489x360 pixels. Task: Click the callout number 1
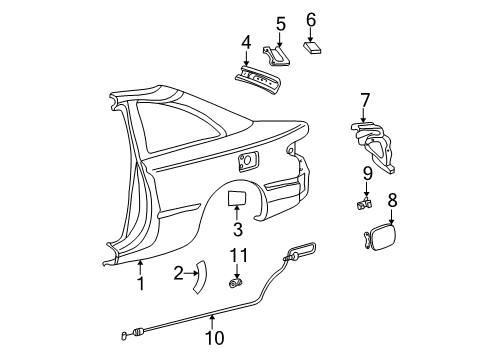141,283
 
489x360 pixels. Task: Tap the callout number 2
178,272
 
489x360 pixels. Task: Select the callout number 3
238,230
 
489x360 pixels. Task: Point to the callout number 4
246,42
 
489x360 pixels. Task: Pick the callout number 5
281,23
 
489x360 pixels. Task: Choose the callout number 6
311,19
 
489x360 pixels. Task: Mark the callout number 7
365,100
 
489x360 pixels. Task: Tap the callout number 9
366,173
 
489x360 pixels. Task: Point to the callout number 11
238,258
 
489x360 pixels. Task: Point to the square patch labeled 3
238,197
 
